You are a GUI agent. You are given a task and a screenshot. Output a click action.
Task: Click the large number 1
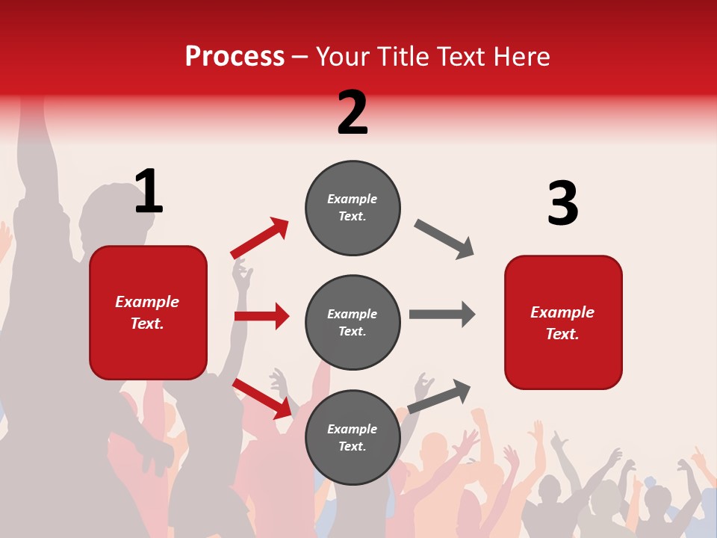[x=149, y=191]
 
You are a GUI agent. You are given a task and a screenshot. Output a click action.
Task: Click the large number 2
[x=353, y=113]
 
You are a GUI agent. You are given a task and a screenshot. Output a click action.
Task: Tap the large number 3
[x=562, y=203]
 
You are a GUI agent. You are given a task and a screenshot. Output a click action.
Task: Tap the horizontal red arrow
[x=261, y=316]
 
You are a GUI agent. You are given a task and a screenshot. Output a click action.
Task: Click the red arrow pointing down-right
[x=261, y=398]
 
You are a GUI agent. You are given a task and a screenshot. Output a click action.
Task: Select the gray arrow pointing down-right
[x=444, y=239]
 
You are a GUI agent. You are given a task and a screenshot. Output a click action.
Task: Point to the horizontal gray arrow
[x=441, y=314]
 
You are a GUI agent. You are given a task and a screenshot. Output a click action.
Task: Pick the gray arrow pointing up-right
[x=439, y=396]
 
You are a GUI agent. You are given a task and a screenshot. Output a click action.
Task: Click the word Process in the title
[x=235, y=56]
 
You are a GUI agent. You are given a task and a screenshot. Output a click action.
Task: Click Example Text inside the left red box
[x=147, y=312]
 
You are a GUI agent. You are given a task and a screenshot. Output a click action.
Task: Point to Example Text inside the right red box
[x=562, y=323]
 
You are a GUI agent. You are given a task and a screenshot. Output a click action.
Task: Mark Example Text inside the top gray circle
[x=353, y=208]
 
